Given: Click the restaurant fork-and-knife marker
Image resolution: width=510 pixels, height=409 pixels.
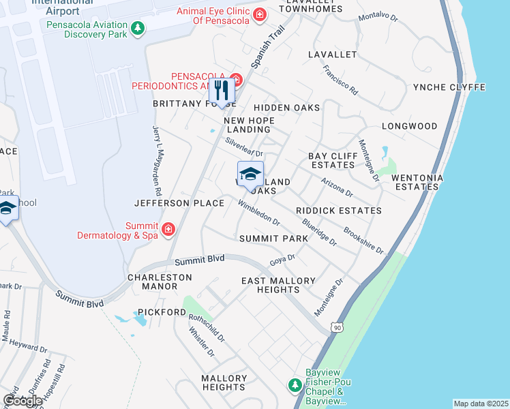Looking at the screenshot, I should (x=221, y=91).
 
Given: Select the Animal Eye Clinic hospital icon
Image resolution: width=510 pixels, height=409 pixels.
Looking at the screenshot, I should (x=259, y=14).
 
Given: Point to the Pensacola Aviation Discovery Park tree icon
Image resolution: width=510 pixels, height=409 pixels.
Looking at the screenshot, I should (x=138, y=28).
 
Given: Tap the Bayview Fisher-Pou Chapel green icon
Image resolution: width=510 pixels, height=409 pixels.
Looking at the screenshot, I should (x=295, y=386).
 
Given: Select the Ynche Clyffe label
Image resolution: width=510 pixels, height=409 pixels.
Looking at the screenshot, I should (x=449, y=87).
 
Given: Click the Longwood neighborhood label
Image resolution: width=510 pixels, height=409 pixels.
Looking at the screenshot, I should (x=409, y=126).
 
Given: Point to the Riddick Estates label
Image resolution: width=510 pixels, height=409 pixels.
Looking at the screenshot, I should (x=339, y=211).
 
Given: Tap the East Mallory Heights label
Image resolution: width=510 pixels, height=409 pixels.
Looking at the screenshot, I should (x=279, y=285).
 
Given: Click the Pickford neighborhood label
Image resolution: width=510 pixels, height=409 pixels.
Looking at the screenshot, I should (x=162, y=312).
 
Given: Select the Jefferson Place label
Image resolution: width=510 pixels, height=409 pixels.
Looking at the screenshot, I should (x=179, y=203).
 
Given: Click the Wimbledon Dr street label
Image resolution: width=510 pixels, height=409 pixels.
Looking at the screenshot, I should (x=259, y=213).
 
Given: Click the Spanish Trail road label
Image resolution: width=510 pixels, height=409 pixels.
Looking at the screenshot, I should (x=267, y=48).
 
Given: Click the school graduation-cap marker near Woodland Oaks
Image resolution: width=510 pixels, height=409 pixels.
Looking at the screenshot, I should (x=250, y=174).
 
